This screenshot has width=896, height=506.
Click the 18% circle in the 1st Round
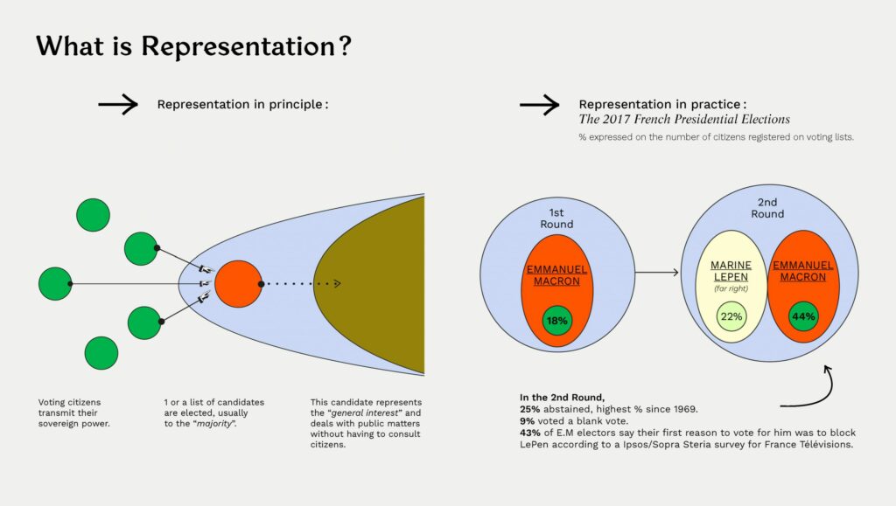(557, 320)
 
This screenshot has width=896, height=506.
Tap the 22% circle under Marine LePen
(731, 316)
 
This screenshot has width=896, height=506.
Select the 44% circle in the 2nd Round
(803, 316)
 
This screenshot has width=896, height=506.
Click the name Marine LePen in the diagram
(731, 271)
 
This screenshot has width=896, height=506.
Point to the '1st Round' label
(556, 218)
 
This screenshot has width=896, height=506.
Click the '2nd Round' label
(767, 208)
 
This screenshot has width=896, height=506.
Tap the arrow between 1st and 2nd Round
(657, 273)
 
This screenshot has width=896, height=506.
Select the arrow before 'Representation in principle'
(118, 104)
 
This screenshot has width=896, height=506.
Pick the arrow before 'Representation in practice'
(539, 104)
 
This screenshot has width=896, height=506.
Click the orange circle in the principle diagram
(238, 284)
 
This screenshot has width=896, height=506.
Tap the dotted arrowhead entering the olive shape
(337, 283)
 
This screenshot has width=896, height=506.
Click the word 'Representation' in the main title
(238, 45)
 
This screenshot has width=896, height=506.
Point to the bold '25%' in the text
(529, 409)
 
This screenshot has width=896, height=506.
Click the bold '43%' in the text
(529, 433)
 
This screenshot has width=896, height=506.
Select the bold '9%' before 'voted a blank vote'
(527, 421)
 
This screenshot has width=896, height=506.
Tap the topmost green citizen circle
(93, 215)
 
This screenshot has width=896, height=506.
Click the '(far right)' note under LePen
(731, 288)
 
